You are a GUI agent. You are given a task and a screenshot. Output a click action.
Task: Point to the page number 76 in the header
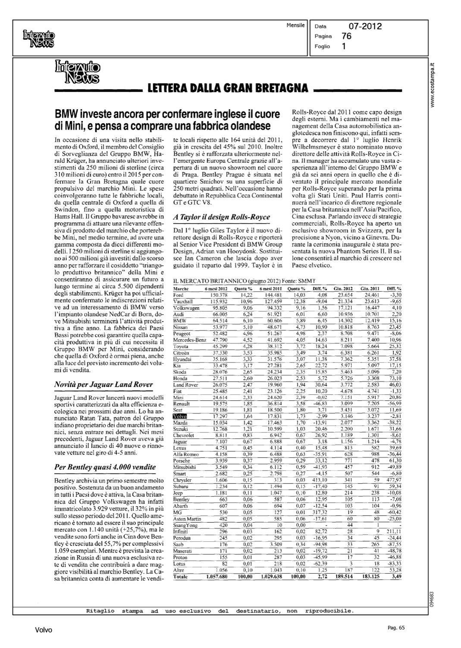tap(346, 36)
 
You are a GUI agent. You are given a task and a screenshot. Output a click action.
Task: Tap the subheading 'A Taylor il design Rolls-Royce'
tap(221, 217)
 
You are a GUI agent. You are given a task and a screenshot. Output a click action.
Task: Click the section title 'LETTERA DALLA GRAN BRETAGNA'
tap(228, 88)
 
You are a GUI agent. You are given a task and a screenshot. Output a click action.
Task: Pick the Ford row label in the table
tap(178, 295)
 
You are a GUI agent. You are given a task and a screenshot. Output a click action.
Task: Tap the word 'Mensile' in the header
tap(295, 25)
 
